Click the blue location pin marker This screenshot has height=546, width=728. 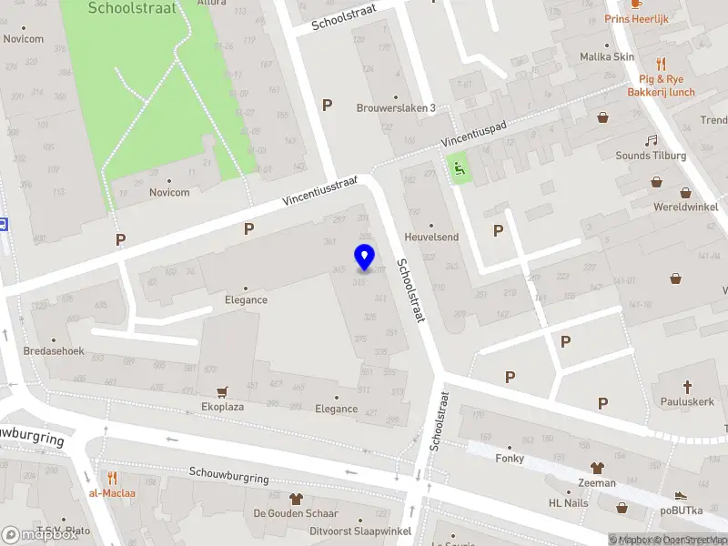[364, 258]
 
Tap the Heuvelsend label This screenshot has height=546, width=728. [431, 237]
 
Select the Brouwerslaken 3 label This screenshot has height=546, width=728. [395, 107]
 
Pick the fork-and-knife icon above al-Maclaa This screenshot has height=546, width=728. [112, 478]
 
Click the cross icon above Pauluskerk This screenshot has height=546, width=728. [689, 385]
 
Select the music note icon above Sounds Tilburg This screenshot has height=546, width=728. [650, 140]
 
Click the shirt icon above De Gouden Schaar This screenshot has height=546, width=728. [295, 499]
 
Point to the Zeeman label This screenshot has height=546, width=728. [596, 482]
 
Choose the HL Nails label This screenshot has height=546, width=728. [568, 503]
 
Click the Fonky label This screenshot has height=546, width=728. [510, 458]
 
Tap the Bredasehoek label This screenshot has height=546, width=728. [54, 351]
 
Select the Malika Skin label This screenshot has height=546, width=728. [607, 56]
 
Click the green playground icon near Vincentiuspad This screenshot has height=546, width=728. [459, 167]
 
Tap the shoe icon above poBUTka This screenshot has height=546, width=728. [681, 496]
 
